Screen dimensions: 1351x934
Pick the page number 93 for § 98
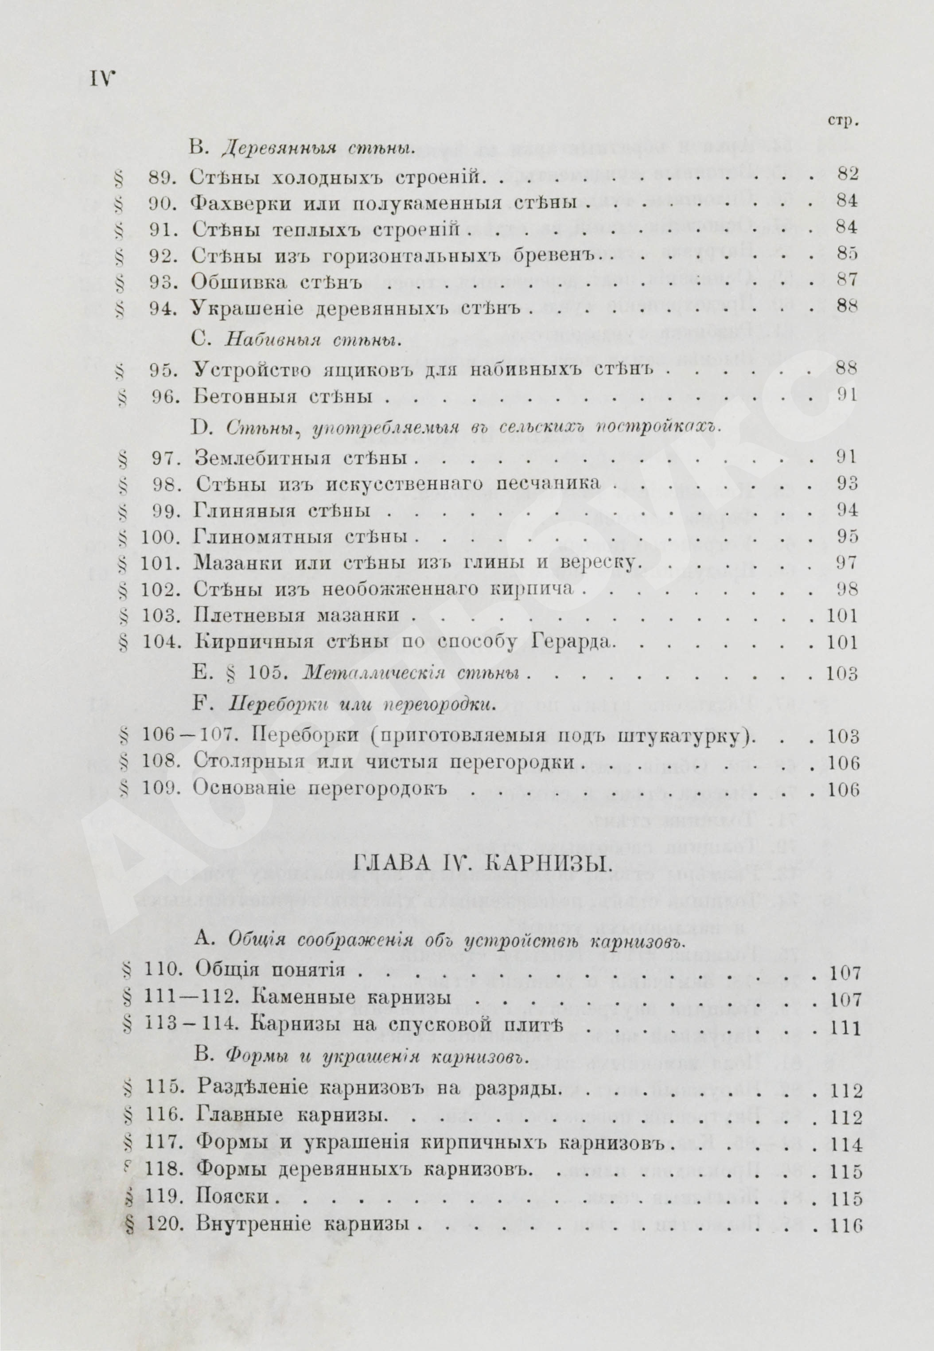coord(847,484)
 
